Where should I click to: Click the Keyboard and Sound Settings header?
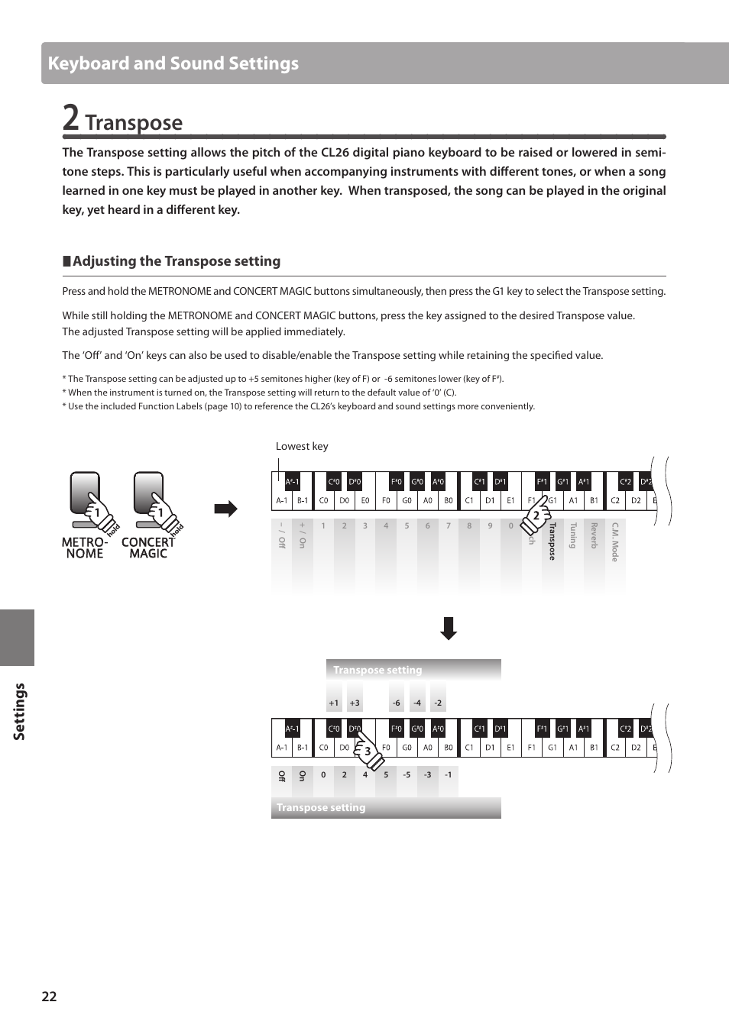pos(173,63)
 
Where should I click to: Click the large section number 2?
pos(70,118)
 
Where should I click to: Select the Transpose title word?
pos(134,122)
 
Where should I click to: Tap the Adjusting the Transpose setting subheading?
pos(176,261)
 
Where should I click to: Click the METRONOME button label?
pos(84,548)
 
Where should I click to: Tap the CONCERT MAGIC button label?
pos(148,548)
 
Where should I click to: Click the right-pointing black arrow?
pos(225,509)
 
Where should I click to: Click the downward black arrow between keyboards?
pos(449,628)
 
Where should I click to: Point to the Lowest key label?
pos(302,446)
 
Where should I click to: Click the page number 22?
pos(49,996)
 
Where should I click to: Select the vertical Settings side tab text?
pos(19,711)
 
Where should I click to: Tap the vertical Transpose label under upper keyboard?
pos(552,541)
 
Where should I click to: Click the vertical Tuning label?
pos(572,535)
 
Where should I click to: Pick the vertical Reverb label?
pos(593,535)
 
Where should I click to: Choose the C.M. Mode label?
pos(614,541)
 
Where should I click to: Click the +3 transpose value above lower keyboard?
pos(355,703)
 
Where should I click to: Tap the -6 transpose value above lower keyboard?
pos(396,703)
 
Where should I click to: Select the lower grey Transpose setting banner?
pos(386,807)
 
